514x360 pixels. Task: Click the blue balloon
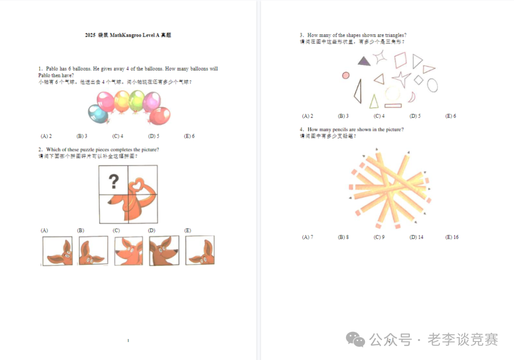pos(98,114)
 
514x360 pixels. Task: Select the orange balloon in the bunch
pos(122,100)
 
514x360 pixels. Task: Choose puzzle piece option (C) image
pos(128,251)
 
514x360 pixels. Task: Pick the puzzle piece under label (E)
pos(200,251)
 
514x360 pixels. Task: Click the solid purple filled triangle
pos(364,61)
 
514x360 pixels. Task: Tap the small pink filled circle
pos(346,75)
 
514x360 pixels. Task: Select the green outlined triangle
pos(374,101)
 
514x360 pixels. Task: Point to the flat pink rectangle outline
pos(393,105)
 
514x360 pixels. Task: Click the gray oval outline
pos(432,85)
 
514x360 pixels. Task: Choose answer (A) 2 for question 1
pos(46,136)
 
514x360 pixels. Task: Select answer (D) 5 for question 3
pos(415,116)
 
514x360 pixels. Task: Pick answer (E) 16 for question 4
pos(452,237)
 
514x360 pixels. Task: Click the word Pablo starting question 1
pos(52,69)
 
